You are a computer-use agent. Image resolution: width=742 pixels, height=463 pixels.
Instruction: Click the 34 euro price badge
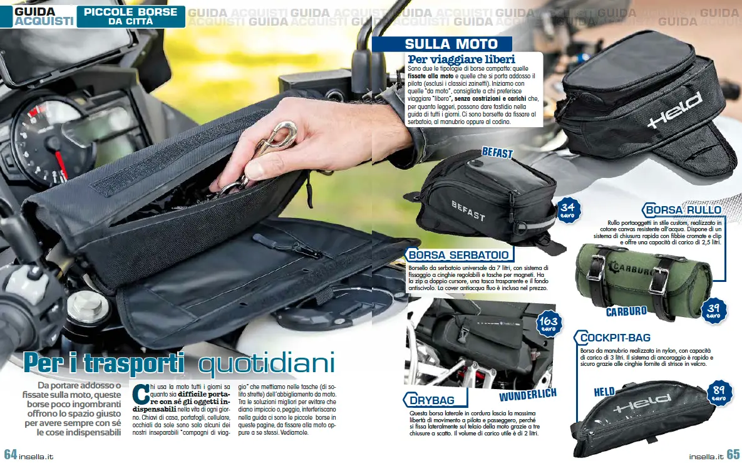tap(567, 210)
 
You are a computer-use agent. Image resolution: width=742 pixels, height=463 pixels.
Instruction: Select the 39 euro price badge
tap(713, 311)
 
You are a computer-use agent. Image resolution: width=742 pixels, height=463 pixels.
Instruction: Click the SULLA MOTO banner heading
tap(451, 44)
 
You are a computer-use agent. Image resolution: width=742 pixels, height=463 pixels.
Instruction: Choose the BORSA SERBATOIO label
tap(458, 255)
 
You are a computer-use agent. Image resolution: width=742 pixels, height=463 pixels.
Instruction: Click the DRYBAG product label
tap(431, 400)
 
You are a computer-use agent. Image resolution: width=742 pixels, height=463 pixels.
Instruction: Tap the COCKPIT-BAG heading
tap(614, 338)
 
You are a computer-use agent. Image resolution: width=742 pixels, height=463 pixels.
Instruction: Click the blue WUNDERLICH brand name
tap(528, 395)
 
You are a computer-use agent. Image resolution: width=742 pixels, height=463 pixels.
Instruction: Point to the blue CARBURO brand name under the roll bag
tap(626, 311)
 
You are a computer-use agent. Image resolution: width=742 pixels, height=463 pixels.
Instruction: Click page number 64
tap(11, 454)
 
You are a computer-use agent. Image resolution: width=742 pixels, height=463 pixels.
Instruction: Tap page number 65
tap(733, 454)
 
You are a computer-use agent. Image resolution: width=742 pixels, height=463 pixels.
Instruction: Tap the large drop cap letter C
tap(140, 394)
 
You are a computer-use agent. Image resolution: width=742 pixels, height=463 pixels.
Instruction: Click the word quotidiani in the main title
tap(267, 363)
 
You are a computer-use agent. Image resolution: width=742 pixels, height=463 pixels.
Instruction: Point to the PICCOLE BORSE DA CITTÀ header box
tap(131, 16)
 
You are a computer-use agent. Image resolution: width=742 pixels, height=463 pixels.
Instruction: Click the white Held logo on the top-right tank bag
tap(675, 110)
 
